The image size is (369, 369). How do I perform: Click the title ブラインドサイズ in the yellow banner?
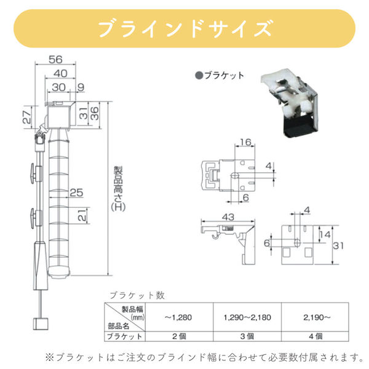click(184, 29)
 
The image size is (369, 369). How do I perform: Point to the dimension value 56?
click(55, 60)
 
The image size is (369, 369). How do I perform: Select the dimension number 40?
click(60, 73)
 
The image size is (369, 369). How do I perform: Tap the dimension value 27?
click(26, 116)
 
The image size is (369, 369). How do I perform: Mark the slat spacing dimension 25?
click(76, 193)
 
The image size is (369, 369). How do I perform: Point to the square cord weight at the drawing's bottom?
click(42, 324)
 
